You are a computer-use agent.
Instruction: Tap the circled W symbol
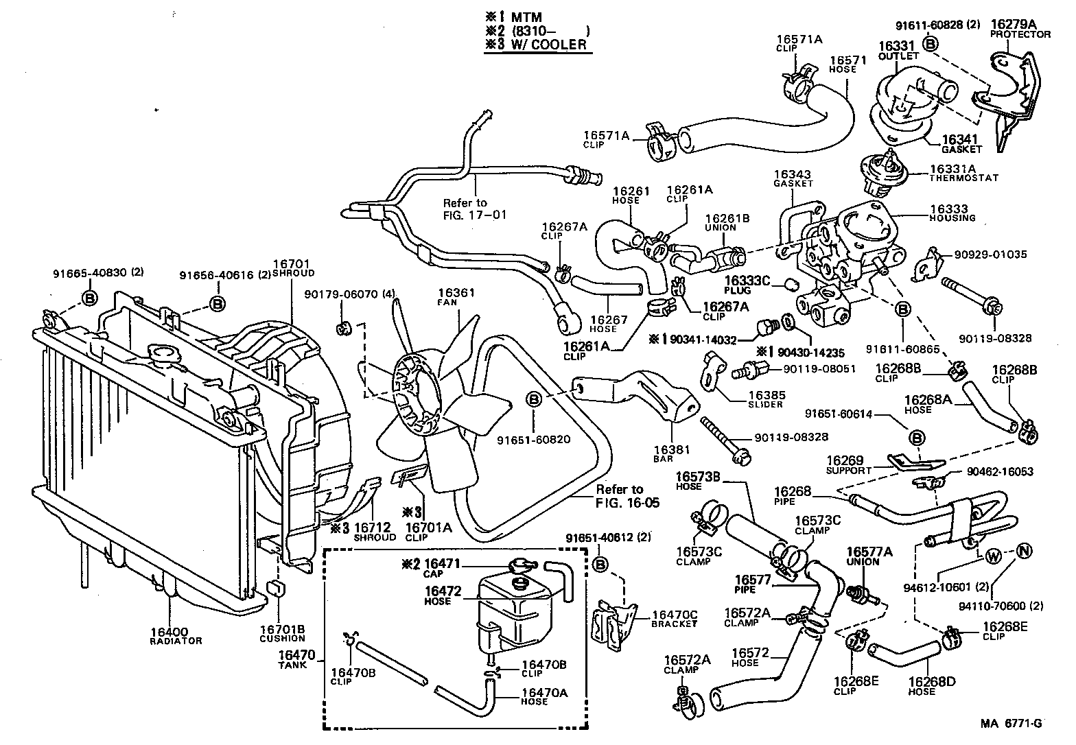tap(993, 556)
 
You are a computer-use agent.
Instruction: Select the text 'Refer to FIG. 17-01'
tap(474, 208)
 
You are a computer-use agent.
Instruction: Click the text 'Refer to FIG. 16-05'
tap(627, 496)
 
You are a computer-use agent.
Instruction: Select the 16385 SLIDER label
tap(765, 399)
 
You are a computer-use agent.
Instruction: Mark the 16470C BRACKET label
tap(674, 619)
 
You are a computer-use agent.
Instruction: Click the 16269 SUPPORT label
tap(849, 464)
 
